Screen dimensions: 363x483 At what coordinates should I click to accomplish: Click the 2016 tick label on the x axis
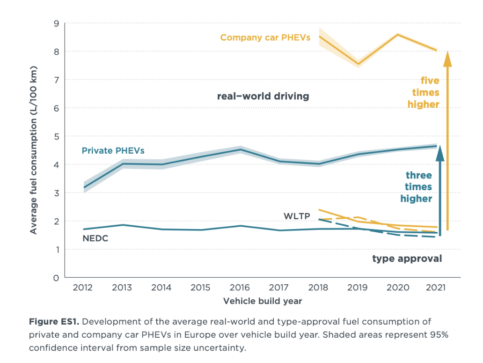click(240, 287)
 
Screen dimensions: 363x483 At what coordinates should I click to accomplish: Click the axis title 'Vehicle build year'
click(263, 301)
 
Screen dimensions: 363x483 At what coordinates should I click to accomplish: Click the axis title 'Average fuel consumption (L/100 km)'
click(34, 150)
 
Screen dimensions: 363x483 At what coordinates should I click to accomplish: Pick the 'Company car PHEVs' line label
click(265, 37)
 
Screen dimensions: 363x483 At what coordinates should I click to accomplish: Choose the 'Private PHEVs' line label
click(113, 151)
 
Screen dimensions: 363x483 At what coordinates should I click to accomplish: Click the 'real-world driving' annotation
click(263, 96)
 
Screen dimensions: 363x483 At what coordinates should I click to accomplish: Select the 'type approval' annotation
click(407, 259)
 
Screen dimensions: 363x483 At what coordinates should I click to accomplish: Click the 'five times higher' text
click(423, 93)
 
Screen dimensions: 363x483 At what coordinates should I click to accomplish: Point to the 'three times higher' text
click(416, 187)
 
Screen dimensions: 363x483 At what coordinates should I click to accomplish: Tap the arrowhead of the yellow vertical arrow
click(448, 59)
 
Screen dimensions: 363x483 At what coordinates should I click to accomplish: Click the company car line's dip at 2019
click(358, 64)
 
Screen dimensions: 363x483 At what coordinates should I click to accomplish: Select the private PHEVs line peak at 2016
click(240, 150)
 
